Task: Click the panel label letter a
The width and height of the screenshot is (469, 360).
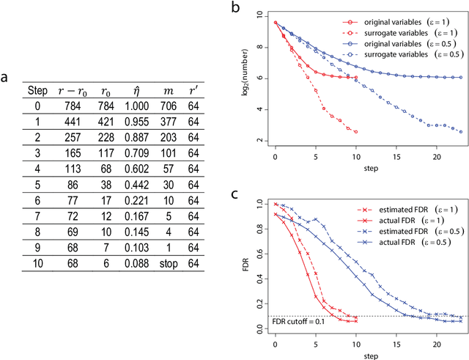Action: (x=8, y=76)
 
